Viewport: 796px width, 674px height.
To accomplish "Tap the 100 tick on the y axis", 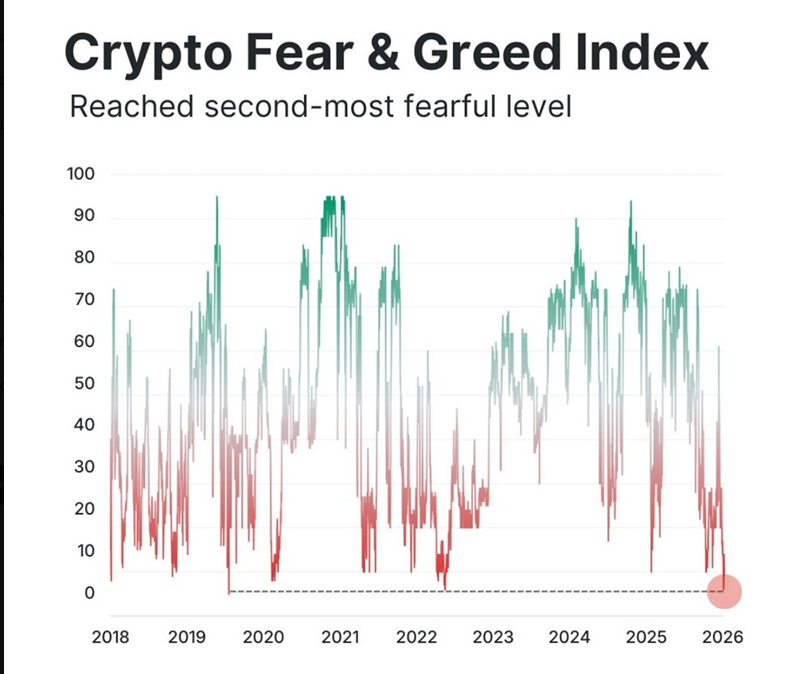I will pos(80,174).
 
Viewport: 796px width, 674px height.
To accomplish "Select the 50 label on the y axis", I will pos(84,383).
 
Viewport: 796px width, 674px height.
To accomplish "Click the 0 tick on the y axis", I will pos(89,593).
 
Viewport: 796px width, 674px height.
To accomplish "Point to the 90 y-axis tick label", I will pos(84,216).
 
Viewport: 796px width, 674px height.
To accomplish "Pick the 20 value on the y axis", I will pos(84,509).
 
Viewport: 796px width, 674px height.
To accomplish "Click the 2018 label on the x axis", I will pos(110,637).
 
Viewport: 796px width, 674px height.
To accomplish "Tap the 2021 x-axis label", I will pos(340,637).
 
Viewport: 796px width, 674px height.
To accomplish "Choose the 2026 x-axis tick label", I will pos(724,637).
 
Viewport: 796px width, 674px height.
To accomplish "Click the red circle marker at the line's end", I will pos(725,592).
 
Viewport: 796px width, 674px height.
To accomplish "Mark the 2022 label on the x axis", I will pos(416,637).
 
